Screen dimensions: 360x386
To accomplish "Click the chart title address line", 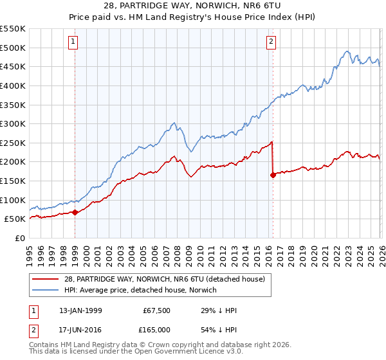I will pyautogui.click(x=192, y=5).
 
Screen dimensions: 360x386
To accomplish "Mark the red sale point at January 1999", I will pyautogui.click(x=75, y=212).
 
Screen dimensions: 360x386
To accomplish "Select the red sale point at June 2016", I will pyautogui.click(x=273, y=174).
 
